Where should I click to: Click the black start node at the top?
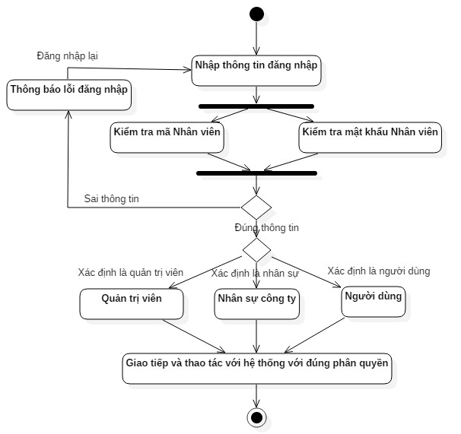[256, 14]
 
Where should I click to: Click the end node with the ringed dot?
[256, 416]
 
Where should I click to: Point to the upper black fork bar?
[256, 106]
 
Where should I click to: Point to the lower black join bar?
[256, 173]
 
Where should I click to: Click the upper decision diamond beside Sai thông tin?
[256, 206]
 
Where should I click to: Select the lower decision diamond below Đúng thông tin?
[256, 249]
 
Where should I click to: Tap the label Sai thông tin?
[112, 199]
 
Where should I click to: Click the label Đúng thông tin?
[267, 227]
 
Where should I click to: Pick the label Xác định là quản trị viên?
[131, 272]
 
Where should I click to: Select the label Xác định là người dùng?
[378, 271]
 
